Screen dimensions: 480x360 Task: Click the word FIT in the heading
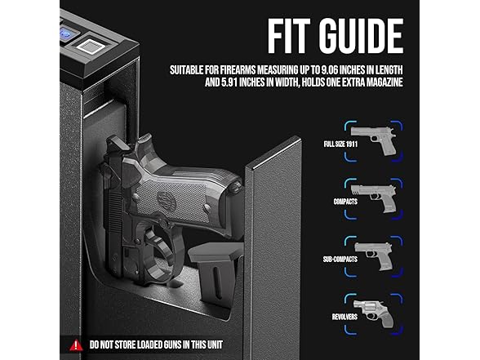289,36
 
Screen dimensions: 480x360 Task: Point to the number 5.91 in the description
229,82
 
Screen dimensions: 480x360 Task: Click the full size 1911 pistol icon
374,140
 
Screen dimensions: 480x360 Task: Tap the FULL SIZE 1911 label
340,144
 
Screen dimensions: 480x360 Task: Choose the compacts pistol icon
374,198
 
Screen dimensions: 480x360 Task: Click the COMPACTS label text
345,202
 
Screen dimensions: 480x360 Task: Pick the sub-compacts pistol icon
374,256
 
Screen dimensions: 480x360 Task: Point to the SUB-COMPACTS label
340,260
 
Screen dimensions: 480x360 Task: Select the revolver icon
373,313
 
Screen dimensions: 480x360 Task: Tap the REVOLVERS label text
344,317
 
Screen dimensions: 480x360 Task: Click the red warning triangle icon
76,345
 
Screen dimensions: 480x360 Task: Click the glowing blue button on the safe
66,33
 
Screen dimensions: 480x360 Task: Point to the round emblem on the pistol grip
166,201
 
